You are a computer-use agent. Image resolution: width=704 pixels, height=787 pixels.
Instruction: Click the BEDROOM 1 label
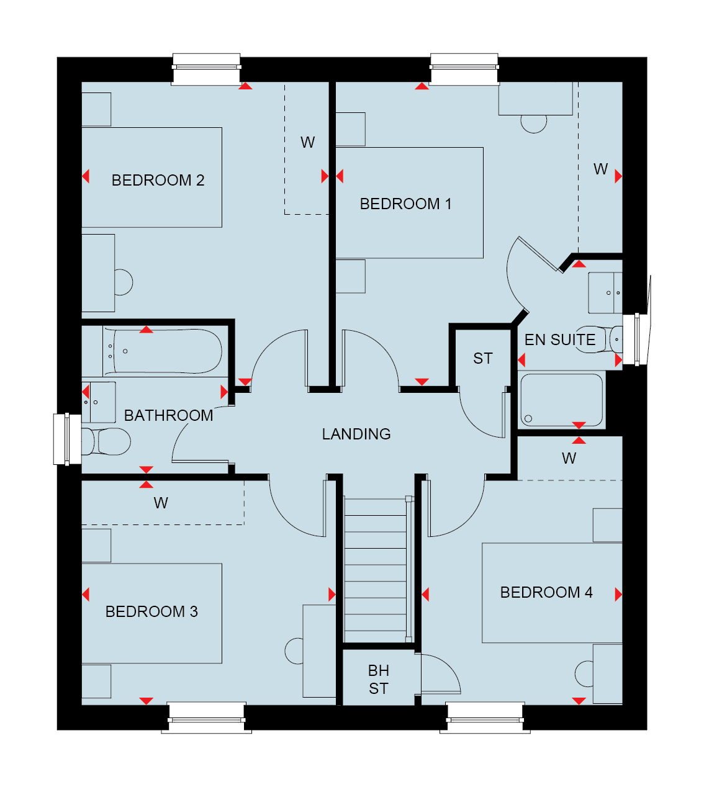click(405, 204)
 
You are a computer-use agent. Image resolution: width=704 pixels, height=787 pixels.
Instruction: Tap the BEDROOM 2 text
click(158, 180)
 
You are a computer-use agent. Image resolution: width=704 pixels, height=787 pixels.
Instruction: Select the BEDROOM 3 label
click(151, 611)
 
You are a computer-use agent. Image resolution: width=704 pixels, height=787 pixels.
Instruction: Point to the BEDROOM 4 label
click(546, 592)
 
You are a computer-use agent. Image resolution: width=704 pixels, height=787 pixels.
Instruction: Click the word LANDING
click(356, 434)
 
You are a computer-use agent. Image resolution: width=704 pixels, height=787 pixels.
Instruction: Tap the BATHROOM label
click(168, 416)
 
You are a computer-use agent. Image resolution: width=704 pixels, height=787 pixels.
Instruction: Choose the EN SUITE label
click(560, 340)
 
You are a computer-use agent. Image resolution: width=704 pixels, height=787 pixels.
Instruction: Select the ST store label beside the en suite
click(483, 359)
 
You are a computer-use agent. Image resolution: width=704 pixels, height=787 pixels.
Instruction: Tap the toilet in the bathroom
click(106, 441)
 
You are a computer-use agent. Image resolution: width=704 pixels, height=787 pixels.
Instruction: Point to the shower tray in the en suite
click(561, 400)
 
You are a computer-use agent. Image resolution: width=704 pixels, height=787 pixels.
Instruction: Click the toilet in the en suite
click(598, 339)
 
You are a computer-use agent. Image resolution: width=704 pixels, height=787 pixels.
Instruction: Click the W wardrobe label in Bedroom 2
click(307, 143)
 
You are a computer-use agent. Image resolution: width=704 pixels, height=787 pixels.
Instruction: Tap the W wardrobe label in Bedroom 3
click(161, 503)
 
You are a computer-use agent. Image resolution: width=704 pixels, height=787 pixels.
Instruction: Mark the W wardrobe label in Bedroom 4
click(569, 459)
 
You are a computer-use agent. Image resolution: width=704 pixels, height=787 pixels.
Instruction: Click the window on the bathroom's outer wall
click(67, 439)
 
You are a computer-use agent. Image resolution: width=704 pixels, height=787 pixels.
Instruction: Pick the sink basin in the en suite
click(605, 293)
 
